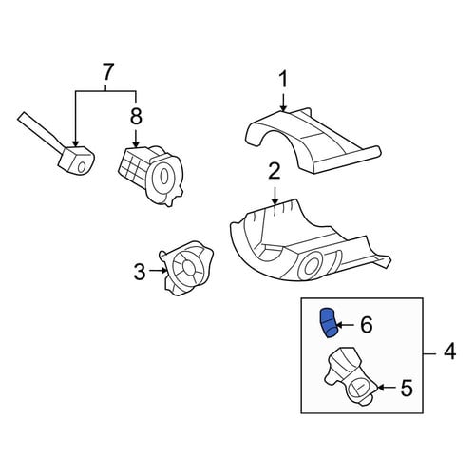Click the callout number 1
(x=283, y=79)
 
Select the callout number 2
(x=275, y=172)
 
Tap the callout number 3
(x=139, y=272)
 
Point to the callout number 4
(x=449, y=351)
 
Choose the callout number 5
(x=407, y=389)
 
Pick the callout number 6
(x=367, y=325)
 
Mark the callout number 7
(x=107, y=72)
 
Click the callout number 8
(x=136, y=116)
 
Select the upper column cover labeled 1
(x=312, y=141)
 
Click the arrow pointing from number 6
(x=346, y=325)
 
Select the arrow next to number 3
(x=158, y=271)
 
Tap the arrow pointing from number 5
(x=388, y=388)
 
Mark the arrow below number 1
(x=283, y=101)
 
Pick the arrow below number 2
(x=275, y=194)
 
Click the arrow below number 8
(x=136, y=137)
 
